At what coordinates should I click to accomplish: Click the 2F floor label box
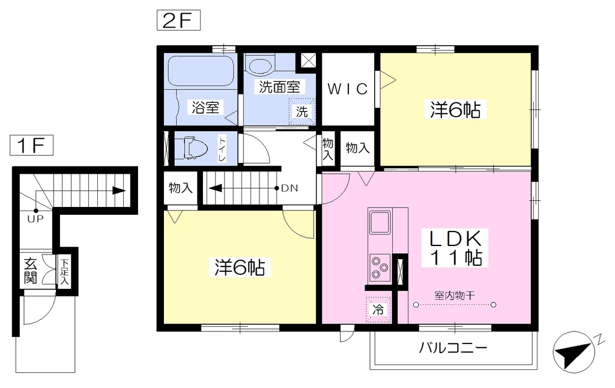[x=178, y=20]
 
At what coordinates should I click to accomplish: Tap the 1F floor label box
[x=31, y=146]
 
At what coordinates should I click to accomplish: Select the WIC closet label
[x=348, y=89]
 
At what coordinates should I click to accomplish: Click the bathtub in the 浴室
[x=201, y=71]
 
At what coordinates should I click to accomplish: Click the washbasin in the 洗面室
[x=259, y=66]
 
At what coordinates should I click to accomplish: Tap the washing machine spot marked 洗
[x=302, y=112]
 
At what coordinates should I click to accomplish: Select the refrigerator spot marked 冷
[x=378, y=309]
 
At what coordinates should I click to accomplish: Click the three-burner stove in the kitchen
[x=380, y=268]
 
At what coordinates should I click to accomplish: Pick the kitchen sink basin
[x=380, y=223]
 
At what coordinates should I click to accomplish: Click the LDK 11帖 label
[x=455, y=248]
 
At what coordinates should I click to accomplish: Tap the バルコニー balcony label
[x=453, y=348]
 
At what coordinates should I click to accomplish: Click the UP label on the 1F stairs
[x=35, y=219]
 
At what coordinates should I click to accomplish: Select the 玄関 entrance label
[x=31, y=271]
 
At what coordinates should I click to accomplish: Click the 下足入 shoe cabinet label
[x=64, y=271]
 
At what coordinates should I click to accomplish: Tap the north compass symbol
[x=574, y=351]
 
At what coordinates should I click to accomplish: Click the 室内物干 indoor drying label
[x=455, y=295]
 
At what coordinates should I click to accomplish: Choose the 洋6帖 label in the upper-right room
[x=455, y=109]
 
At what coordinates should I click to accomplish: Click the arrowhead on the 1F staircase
[x=119, y=191]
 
